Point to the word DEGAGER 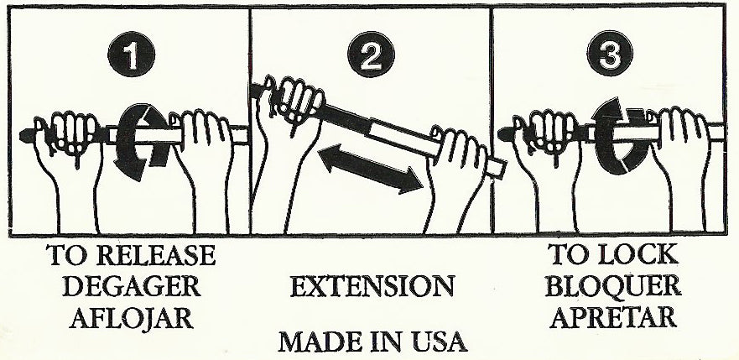pyautogui.click(x=132, y=287)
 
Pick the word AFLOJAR pyautogui.click(x=132, y=319)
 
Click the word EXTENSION pyautogui.click(x=372, y=287)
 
